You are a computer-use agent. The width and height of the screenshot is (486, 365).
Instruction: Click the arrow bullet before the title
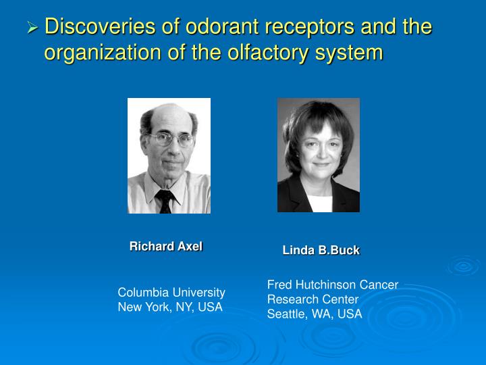point(32,28)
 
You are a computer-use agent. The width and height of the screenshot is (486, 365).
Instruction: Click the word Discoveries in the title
point(95,27)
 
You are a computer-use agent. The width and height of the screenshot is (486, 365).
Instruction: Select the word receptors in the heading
point(304,27)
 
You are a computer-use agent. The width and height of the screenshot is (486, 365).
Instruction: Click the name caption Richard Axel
point(165,247)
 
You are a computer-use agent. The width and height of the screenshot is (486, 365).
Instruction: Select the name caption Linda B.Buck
point(321,251)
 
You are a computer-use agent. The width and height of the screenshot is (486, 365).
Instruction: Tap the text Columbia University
point(171,293)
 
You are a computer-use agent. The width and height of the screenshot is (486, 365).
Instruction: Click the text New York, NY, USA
point(170,307)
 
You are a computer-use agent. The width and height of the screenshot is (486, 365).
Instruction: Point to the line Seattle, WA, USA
point(315,314)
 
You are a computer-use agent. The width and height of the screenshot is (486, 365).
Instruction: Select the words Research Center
point(313,299)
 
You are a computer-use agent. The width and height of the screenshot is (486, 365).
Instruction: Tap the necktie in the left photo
point(165,201)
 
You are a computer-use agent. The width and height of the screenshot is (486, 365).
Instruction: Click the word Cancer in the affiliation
point(381,285)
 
